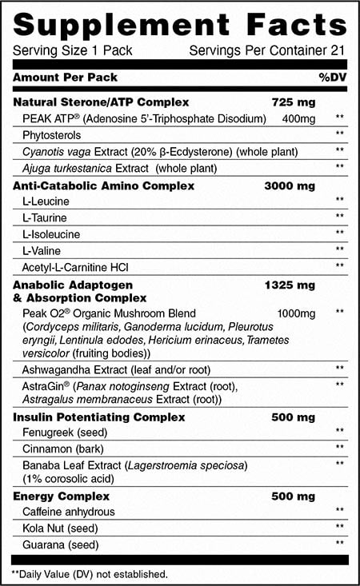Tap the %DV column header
(x=332, y=78)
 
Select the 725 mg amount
(x=295, y=102)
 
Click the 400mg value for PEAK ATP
(x=296, y=118)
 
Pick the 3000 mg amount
(x=290, y=185)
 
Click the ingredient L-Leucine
(x=46, y=201)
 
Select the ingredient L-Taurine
(x=46, y=217)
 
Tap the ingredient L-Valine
(x=42, y=249)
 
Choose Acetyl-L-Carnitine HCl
(x=70, y=265)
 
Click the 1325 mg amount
(x=290, y=284)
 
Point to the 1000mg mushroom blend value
(x=296, y=313)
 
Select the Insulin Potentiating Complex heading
(x=99, y=417)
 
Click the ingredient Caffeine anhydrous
(x=69, y=512)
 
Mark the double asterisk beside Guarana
(x=340, y=544)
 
